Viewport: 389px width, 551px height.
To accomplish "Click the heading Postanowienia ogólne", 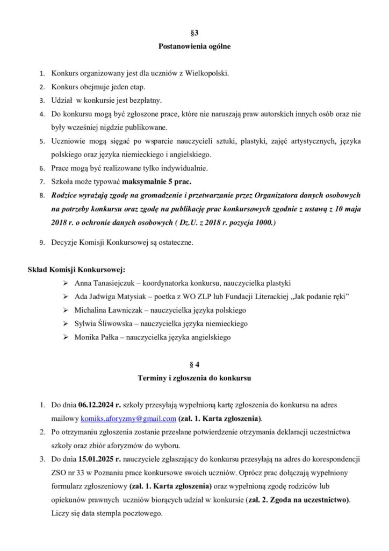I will [x=195, y=47].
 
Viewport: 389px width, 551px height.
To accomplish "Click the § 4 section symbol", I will [x=195, y=365].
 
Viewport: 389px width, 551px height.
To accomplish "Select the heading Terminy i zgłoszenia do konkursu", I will [x=195, y=379].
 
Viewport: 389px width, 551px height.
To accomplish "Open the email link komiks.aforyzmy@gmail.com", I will [x=128, y=419].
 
